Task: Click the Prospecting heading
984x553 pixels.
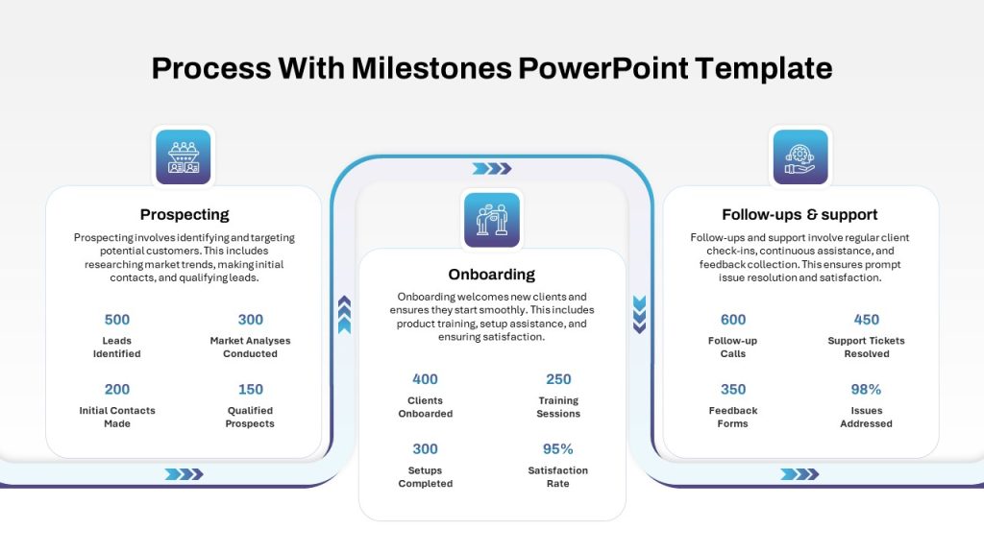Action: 184,214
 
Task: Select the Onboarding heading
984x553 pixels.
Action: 491,274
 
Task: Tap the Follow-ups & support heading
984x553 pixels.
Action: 799,214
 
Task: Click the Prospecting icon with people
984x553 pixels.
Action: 184,156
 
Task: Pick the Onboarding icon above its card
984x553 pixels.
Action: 492,220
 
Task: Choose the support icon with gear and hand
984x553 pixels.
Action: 800,156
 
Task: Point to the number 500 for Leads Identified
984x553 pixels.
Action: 116,320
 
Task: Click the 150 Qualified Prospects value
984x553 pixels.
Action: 251,390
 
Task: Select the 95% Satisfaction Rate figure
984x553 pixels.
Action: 558,449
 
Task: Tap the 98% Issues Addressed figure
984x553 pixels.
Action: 866,390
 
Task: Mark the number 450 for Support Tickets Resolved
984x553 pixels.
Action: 866,320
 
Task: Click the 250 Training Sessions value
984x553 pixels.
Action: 558,379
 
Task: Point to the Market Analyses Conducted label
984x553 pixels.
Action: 251,347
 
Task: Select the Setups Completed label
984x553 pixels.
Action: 426,476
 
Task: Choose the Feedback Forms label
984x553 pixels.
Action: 733,417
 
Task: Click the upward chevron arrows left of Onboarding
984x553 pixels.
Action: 344,314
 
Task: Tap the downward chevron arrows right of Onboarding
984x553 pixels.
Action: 639,314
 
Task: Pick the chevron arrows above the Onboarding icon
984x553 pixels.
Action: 492,169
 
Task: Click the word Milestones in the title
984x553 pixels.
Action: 431,68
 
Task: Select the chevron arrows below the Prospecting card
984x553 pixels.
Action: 184,474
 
